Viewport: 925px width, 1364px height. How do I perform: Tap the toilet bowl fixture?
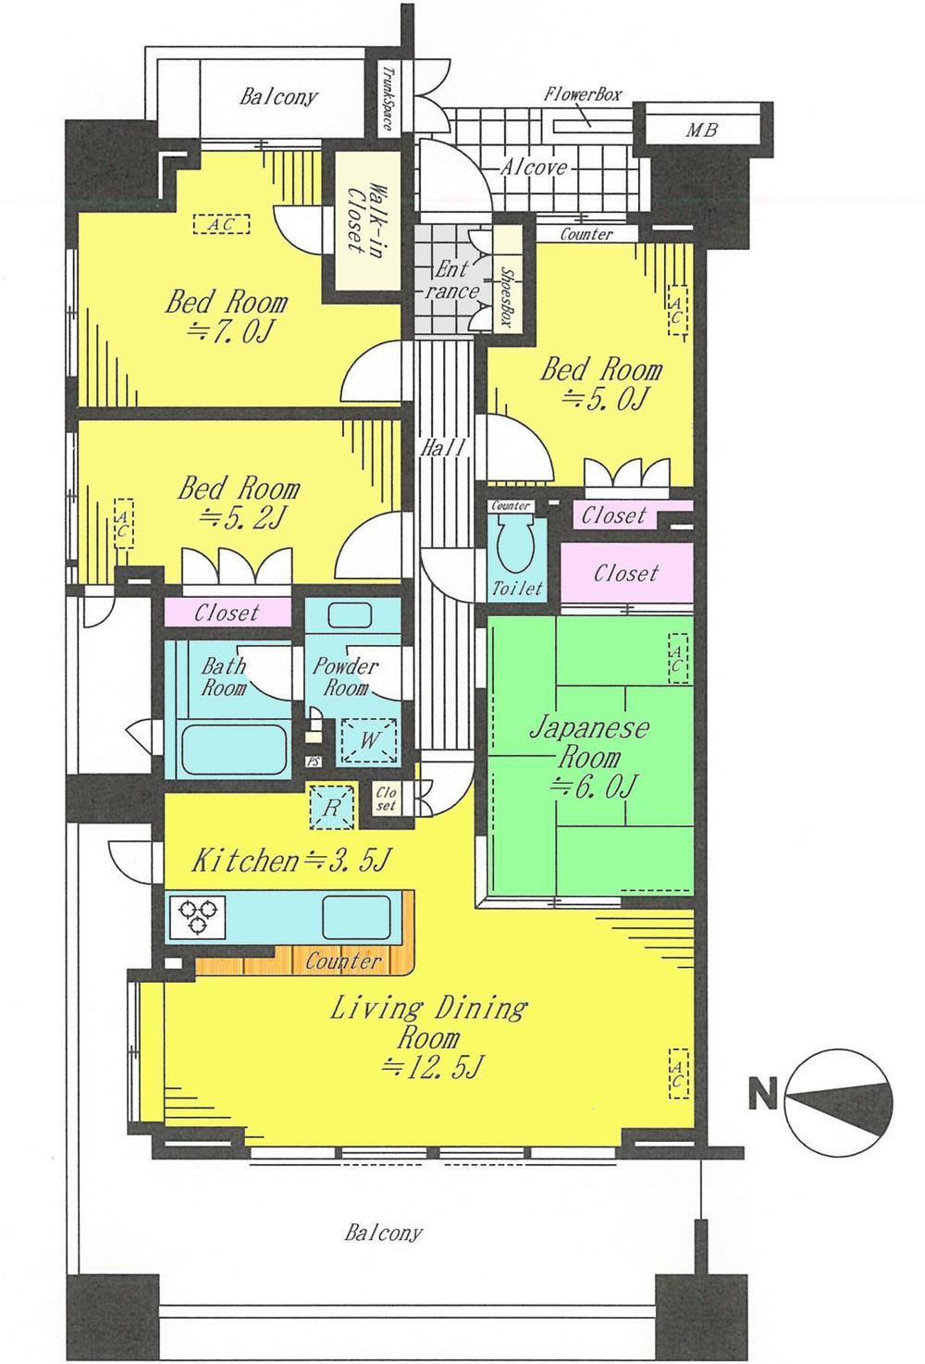click(511, 545)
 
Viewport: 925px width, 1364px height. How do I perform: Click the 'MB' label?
click(700, 130)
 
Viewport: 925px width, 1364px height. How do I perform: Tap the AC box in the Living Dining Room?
click(679, 1073)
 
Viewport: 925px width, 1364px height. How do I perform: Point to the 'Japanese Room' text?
click(589, 742)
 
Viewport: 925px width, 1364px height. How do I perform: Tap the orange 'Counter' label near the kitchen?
click(343, 962)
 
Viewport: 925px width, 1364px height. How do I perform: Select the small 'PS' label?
click(312, 763)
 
